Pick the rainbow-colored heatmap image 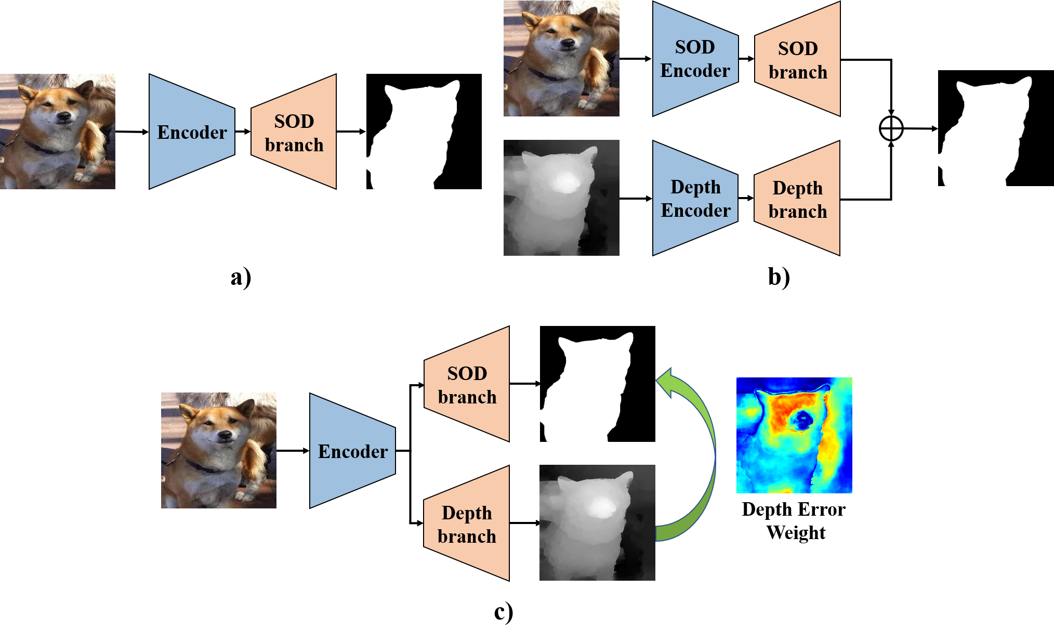[794, 435]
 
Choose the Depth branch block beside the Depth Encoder [797, 198]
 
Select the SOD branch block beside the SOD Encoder [798, 59]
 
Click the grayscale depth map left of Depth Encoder [561, 198]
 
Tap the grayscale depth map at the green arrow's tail [597, 522]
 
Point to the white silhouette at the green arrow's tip [587, 387]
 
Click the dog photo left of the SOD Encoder [561, 58]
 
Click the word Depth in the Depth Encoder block [695, 187]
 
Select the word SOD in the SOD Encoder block [695, 47]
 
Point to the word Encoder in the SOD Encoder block [695, 71]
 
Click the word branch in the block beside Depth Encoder [797, 212]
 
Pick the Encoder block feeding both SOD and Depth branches [352, 451]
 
